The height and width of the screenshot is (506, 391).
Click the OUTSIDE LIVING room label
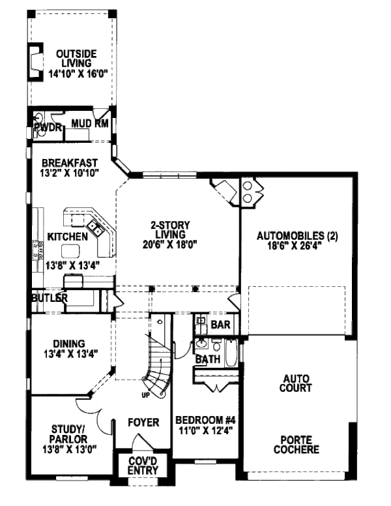[x=76, y=58]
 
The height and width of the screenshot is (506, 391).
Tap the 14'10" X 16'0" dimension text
[x=78, y=74]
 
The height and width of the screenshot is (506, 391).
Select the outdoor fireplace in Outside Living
[x=35, y=61]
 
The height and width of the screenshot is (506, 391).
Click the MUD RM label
[x=90, y=123]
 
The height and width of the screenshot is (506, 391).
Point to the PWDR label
[x=48, y=127]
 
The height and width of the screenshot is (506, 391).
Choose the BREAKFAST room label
[x=70, y=162]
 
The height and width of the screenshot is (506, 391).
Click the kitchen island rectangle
[x=70, y=250]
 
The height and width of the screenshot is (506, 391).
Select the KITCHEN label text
[x=67, y=237]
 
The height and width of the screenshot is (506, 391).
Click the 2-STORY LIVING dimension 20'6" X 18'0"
[x=170, y=245]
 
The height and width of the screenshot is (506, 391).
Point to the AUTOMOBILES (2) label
[x=297, y=236]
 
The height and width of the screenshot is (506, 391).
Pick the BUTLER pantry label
[x=50, y=298]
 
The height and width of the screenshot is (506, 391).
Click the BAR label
[x=221, y=324]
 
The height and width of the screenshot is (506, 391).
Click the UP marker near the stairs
[x=146, y=394]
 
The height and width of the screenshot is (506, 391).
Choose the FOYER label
[x=143, y=423]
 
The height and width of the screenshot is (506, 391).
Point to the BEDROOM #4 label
[x=205, y=420]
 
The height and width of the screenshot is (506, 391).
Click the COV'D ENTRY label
[x=143, y=466]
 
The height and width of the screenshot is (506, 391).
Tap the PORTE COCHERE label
[x=296, y=445]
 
